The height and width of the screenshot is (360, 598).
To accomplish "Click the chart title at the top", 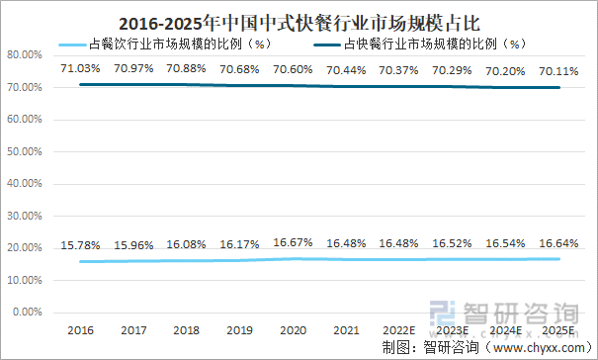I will pos(299,20).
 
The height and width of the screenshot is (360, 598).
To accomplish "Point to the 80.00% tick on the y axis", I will pos(23,56).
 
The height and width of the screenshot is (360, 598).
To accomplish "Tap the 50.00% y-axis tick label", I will pos(23,152).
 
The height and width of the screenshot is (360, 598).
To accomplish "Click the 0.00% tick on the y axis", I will pos(26,313).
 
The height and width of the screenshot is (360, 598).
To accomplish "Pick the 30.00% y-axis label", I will pos(23,217).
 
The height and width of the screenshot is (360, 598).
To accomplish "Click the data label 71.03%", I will pos(80,68).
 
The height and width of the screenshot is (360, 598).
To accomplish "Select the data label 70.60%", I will pos(294,68).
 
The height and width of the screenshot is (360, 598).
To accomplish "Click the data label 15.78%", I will pos(80,245).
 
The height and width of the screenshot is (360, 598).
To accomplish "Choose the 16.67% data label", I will pos(294,241).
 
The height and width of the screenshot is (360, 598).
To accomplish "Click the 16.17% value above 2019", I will pos(240,243).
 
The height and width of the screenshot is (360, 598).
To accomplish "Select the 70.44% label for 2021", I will pos(347,68).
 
